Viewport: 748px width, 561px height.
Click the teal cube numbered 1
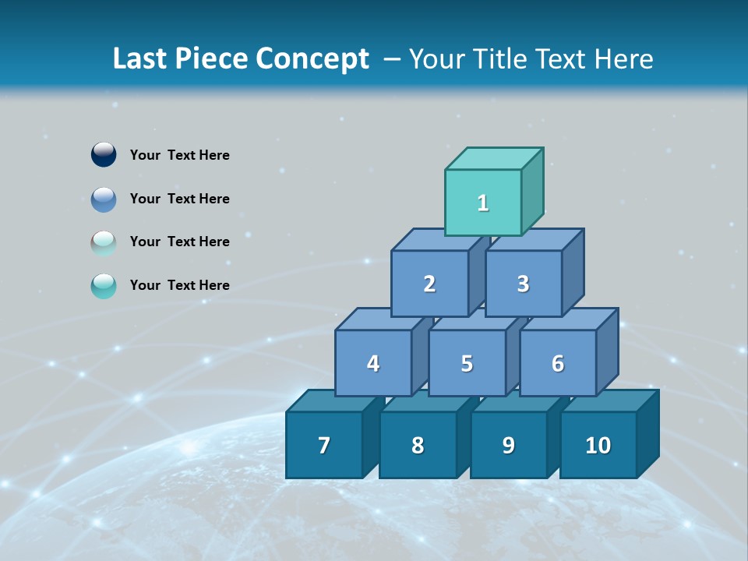click(x=483, y=203)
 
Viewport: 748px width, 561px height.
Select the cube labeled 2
click(x=429, y=284)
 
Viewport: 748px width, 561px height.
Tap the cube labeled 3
click(x=523, y=284)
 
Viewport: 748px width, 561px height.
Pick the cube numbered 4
click(x=373, y=363)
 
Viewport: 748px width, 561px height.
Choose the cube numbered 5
click(x=467, y=363)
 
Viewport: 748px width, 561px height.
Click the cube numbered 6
click(x=558, y=363)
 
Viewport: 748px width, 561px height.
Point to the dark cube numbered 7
click(x=324, y=445)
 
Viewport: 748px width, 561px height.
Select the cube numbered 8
click(x=418, y=445)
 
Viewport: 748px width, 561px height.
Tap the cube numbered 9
click(x=509, y=445)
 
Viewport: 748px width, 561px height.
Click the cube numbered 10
click(x=598, y=445)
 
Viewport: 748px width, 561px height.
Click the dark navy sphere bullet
click(x=104, y=154)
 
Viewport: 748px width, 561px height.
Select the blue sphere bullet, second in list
click(x=104, y=199)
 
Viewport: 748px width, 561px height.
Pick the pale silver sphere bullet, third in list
click(x=104, y=242)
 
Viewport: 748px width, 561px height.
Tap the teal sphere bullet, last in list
click(x=104, y=286)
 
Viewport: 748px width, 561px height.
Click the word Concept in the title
click(x=312, y=58)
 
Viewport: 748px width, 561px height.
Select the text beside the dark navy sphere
click(x=179, y=155)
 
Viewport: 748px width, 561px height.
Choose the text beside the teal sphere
click(x=179, y=285)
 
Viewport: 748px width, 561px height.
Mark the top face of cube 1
click(x=494, y=159)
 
